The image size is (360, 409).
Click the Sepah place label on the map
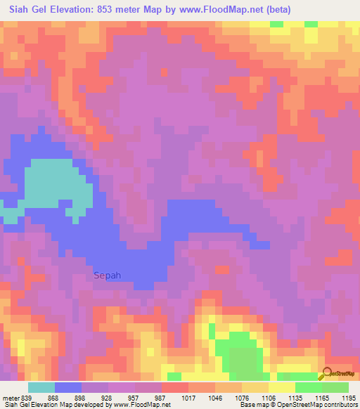[108, 276]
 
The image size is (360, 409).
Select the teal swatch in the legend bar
[41, 387]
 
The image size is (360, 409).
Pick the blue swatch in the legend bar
[68, 387]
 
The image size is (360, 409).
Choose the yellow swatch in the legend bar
[281, 387]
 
